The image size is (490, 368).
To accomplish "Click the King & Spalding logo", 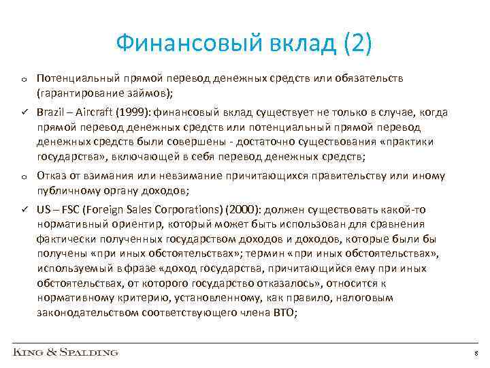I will click(x=65, y=352).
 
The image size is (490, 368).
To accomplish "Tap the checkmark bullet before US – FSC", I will click(x=24, y=208).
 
